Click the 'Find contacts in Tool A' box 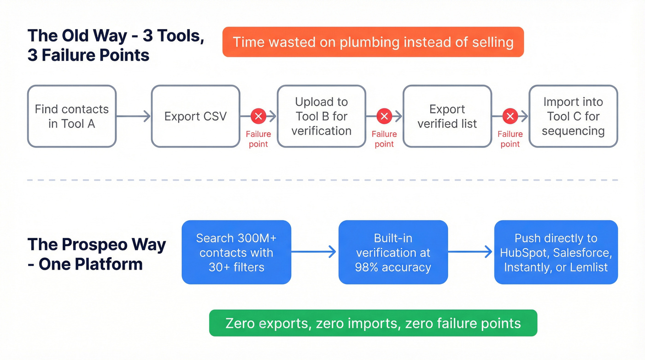71,116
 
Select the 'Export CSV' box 195,116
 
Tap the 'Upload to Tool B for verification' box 321,116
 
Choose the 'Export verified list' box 447,116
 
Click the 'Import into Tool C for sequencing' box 573,116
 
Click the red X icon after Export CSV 258,116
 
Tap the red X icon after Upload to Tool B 384,116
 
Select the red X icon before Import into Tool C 510,116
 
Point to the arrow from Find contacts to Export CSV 134,116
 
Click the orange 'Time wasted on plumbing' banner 373,42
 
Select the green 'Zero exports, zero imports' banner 373,323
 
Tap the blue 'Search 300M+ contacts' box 236,252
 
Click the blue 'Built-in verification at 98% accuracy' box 393,252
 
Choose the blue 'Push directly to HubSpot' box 556,252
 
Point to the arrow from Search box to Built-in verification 315,252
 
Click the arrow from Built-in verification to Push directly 471,252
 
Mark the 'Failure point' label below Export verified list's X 510,139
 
